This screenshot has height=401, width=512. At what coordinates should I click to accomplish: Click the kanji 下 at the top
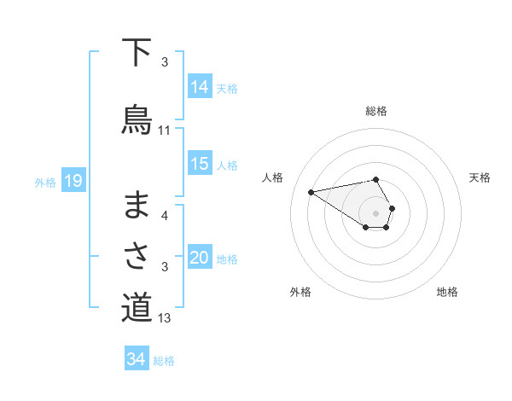coord(137,53)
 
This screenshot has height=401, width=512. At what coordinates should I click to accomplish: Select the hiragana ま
coord(137,206)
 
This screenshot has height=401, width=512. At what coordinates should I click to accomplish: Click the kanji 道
coord(137,307)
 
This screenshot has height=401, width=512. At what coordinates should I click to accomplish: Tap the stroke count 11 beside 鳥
coord(165,131)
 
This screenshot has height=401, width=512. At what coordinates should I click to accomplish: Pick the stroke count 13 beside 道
coord(165,318)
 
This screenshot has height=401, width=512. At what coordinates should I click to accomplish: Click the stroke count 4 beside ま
coord(165,216)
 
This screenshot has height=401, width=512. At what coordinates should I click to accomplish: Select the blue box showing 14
coord(200,86)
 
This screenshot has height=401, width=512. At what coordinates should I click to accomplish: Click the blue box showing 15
coord(200,164)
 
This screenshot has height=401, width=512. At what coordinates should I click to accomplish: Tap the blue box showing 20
coord(200,258)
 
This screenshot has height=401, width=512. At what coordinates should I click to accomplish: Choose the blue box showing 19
coord(73,181)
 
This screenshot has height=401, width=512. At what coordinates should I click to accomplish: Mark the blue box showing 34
coord(136,359)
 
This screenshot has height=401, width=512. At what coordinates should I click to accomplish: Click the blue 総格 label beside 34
coord(165,361)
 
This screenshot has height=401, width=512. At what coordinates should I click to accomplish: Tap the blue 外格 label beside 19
coord(45,182)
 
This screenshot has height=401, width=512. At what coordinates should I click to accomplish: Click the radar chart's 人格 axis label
coord(274,177)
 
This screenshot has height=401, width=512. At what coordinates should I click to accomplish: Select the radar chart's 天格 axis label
coord(480,177)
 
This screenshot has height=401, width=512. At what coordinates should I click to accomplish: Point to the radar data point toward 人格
coord(311,191)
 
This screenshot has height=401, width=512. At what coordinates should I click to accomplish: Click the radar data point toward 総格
coord(375,179)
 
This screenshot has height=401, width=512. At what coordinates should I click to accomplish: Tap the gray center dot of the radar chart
coord(375,212)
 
